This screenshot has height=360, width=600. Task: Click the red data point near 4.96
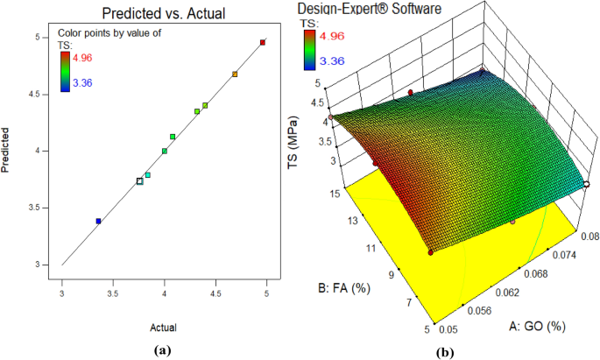(263, 42)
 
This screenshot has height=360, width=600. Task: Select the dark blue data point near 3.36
(98, 222)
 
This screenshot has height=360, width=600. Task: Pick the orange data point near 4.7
(235, 74)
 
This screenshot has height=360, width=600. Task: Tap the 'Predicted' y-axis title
(7, 152)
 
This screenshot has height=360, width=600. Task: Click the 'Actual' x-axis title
(162, 328)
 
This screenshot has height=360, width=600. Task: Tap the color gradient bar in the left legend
(67, 70)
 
